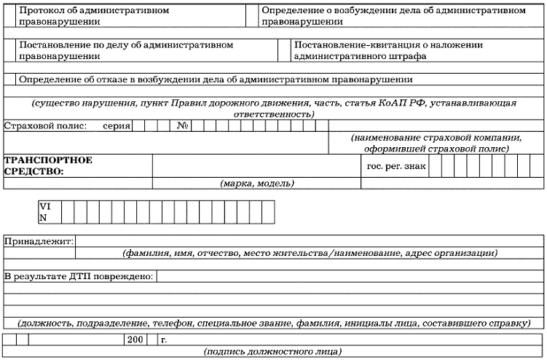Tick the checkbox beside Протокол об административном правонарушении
tap(10, 17)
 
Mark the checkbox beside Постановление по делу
tap(10, 50)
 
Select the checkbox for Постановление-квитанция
tap(284, 50)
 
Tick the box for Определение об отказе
tap(10, 79)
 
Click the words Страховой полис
tap(45, 126)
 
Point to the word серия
tap(117, 126)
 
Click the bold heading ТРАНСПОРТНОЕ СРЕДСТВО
tap(48, 166)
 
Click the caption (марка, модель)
tap(256, 183)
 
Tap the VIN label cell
tap(44, 212)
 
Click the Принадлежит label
tap(39, 241)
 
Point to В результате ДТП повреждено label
tap(79, 277)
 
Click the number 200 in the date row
tap(135, 340)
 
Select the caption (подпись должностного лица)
tap(273, 352)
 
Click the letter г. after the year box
tap(164, 340)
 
